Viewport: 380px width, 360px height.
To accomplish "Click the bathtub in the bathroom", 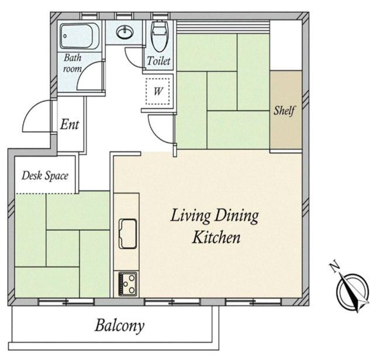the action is click(80, 36).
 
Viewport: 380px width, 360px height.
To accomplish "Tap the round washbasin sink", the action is click(125, 32).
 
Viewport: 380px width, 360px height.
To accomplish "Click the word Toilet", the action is click(159, 61).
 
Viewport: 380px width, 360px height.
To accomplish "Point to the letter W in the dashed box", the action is click(158, 91).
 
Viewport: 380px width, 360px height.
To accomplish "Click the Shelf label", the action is click(284, 110).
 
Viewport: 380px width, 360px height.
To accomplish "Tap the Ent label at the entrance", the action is click(70, 124).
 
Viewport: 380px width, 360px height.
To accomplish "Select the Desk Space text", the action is click(45, 176).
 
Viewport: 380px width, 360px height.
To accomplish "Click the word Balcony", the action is click(119, 326).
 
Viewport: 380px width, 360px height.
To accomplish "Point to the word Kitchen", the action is click(216, 238).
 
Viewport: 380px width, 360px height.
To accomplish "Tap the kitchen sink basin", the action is click(127, 234).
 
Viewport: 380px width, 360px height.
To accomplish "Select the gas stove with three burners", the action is click(127, 284).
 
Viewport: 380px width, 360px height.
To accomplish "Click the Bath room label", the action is click(72, 63).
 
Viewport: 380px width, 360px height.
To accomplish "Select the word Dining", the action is click(237, 216).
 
